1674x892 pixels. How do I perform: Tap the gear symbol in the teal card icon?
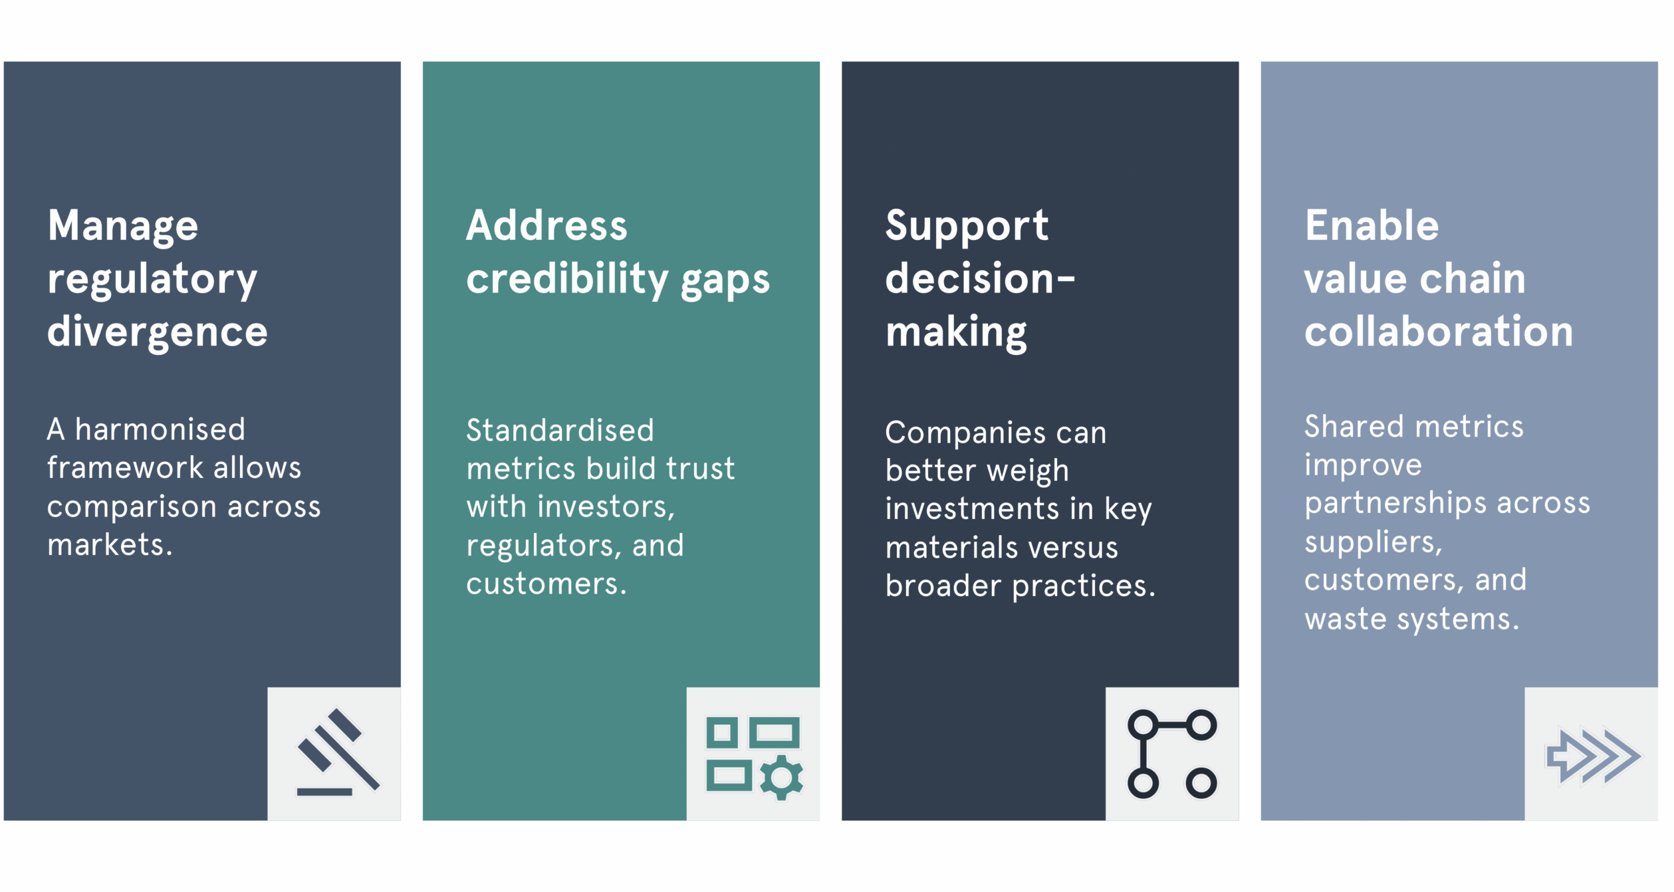point(781,778)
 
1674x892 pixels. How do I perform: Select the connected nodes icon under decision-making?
point(1172,754)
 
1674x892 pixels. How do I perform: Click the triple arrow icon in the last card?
point(1593,756)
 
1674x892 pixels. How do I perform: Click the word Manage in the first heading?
point(123,226)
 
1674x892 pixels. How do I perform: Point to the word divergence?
point(158,331)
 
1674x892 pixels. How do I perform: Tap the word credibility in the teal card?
point(567,279)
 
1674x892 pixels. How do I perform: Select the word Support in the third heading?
point(967,226)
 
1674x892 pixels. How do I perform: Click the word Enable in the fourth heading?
point(1372,225)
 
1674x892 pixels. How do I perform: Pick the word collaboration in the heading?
point(1439,331)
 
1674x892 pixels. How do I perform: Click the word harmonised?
point(160,429)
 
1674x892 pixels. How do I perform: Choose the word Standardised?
point(560,431)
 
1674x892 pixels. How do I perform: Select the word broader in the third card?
point(943,586)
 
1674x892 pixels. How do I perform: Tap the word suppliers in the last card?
point(1372,542)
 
